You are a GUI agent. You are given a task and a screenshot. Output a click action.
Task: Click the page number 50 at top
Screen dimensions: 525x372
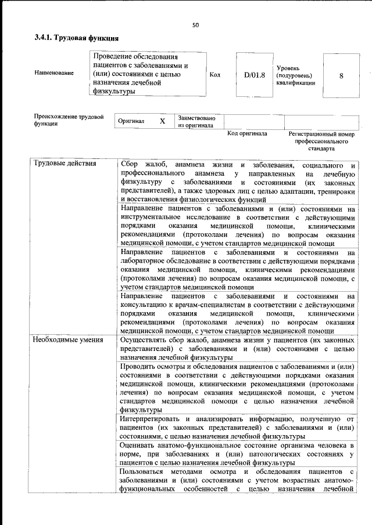[195, 25]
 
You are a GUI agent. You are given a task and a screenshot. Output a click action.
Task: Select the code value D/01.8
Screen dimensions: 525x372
[255, 75]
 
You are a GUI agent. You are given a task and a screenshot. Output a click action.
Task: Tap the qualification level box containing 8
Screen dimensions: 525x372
[341, 75]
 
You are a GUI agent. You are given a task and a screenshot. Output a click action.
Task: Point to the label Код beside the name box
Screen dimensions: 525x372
[214, 75]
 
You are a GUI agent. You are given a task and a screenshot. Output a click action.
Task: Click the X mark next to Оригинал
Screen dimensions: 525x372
[162, 121]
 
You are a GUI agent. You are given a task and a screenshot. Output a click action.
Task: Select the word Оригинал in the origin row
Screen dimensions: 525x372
[131, 121]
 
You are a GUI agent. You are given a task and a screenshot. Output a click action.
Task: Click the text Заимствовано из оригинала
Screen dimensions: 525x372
[196, 121]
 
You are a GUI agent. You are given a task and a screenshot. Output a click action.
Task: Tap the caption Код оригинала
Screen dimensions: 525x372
[247, 134]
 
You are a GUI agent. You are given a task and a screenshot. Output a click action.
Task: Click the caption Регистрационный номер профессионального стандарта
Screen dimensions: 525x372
[321, 141]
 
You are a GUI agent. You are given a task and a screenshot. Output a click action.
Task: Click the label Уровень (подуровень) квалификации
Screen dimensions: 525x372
[296, 75]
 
